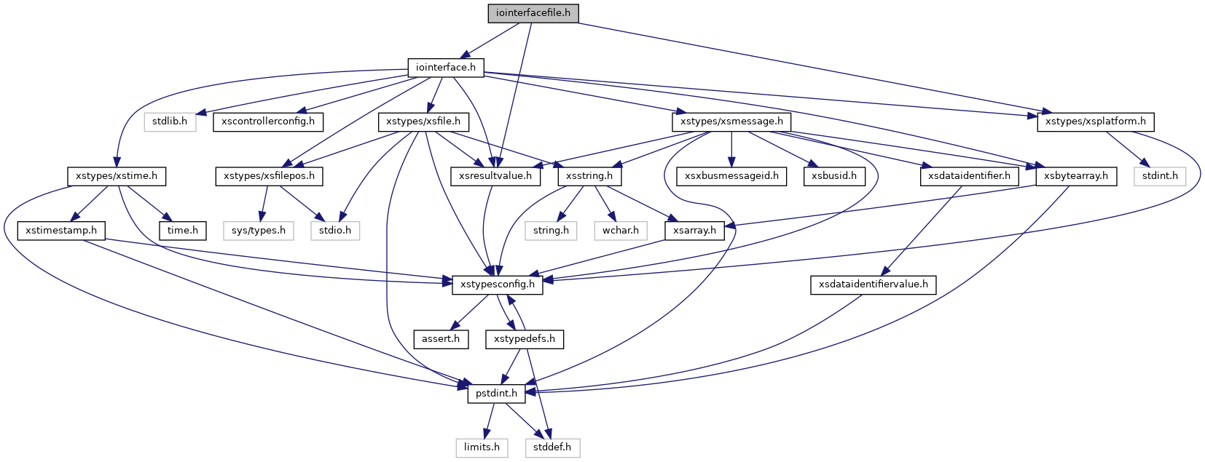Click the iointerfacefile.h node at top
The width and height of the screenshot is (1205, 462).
click(533, 13)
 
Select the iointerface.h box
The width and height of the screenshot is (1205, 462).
click(445, 68)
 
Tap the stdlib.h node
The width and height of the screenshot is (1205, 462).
click(170, 122)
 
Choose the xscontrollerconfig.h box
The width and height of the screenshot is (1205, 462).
click(267, 122)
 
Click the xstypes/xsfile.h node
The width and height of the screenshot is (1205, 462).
click(423, 122)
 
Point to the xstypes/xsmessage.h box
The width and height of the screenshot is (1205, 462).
click(731, 122)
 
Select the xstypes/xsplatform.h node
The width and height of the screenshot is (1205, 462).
click(1095, 122)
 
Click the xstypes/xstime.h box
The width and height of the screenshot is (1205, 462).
click(117, 176)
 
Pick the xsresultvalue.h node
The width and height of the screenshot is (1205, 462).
click(495, 176)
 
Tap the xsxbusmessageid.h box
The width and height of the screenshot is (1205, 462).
click(731, 176)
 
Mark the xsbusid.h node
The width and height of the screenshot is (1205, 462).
click(834, 176)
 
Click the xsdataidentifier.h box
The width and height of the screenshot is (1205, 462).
click(969, 176)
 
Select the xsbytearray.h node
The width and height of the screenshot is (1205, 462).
click(1075, 176)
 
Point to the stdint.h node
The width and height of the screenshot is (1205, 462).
click(1160, 176)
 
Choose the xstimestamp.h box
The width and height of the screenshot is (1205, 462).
click(61, 231)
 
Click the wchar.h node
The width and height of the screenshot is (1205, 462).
click(620, 231)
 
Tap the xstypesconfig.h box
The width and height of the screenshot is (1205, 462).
click(498, 284)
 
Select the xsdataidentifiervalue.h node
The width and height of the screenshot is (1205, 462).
click(873, 284)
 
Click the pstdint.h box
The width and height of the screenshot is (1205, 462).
click(496, 394)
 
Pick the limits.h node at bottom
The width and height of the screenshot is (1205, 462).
click(482, 447)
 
